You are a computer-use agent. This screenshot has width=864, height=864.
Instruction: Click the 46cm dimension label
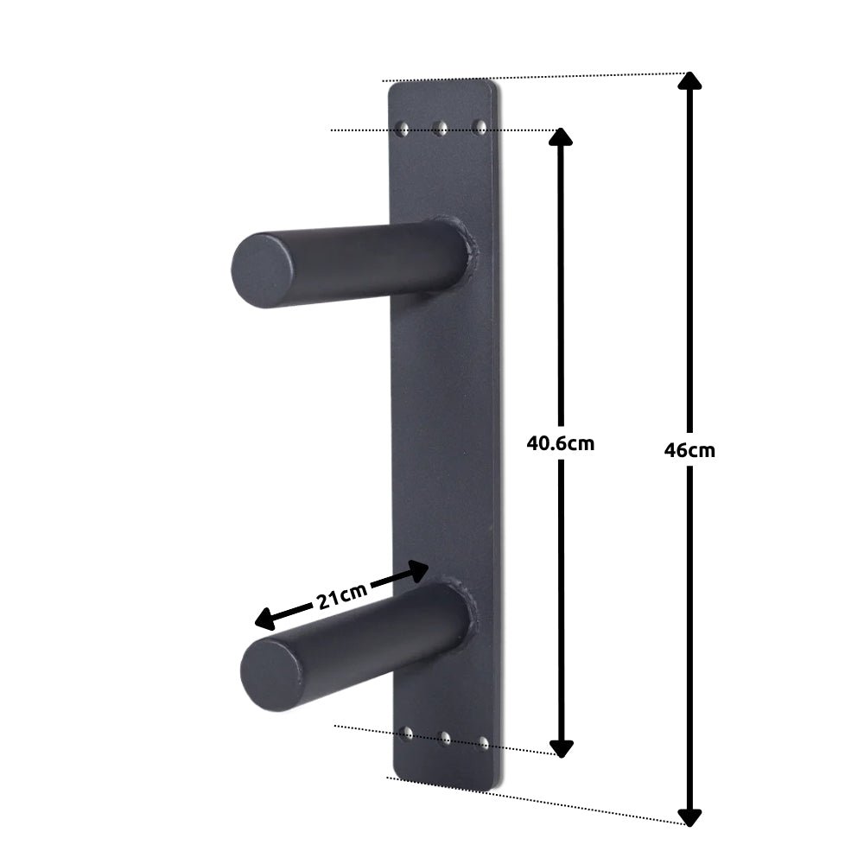click(x=689, y=450)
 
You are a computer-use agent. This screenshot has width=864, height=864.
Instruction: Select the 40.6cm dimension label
click(x=561, y=443)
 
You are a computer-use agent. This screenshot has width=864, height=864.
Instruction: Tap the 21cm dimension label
click(x=341, y=596)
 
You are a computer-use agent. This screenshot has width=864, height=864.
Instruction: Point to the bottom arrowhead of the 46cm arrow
click(x=689, y=816)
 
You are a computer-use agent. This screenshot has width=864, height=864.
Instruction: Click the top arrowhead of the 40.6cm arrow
click(x=562, y=137)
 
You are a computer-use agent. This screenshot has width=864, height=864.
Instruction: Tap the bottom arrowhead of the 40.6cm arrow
click(x=562, y=747)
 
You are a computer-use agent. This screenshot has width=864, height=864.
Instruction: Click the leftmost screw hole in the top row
click(x=402, y=129)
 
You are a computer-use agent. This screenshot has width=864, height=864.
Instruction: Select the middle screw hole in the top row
click(x=442, y=130)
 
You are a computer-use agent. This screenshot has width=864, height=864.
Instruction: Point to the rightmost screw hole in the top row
click(x=481, y=128)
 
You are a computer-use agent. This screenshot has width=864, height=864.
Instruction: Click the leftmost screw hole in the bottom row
click(x=407, y=734)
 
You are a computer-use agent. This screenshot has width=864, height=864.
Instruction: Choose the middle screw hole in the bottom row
click(x=446, y=738)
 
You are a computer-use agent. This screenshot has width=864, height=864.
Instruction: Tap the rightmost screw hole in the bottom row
click(x=485, y=741)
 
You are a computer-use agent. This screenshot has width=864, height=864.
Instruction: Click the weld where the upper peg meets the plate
click(x=470, y=251)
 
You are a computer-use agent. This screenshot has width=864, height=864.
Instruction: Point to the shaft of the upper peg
click(x=372, y=259)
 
